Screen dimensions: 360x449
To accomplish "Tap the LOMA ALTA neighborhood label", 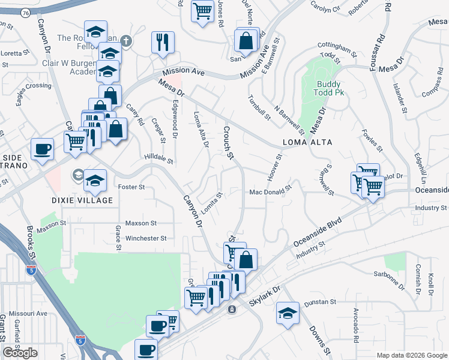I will (x=307, y=143).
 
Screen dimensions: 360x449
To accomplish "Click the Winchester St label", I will (x=146, y=238).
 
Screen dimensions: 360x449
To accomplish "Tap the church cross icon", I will (x=125, y=41).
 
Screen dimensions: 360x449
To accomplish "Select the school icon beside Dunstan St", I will (x=288, y=313).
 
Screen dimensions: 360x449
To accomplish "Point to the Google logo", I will (x=20, y=353).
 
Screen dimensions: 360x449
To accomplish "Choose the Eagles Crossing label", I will (x=34, y=86).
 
